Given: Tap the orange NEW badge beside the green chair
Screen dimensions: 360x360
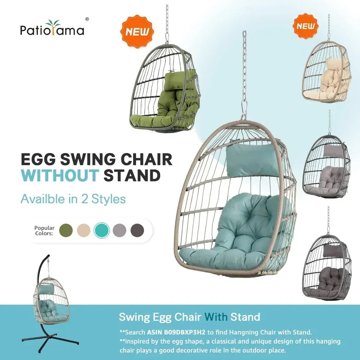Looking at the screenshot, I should click(137, 31).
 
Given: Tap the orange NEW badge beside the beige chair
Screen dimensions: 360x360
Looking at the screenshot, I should click(306, 26).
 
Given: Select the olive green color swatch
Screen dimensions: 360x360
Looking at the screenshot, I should click(66, 230).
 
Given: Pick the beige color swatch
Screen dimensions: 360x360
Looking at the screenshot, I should click(84, 230).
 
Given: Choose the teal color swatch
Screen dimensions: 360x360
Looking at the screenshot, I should click(102, 230).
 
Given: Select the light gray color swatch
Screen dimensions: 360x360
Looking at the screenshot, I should click(120, 230).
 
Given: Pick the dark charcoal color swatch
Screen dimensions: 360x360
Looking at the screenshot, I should click(137, 230).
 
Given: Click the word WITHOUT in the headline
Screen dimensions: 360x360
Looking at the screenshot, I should click(59, 176).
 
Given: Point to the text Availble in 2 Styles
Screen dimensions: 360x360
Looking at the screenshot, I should click(73, 199).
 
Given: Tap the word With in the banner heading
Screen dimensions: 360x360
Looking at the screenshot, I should click(216, 317).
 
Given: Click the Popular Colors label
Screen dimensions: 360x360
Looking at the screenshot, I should click(44, 230).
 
